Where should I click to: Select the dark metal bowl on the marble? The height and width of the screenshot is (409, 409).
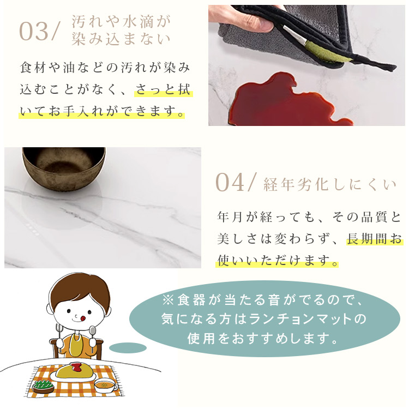[64, 166]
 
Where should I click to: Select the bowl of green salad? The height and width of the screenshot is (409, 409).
[43, 386]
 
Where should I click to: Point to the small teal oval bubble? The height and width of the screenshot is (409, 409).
[128, 347]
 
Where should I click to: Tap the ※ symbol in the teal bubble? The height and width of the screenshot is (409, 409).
[167, 300]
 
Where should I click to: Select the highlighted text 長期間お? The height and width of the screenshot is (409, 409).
[374, 239]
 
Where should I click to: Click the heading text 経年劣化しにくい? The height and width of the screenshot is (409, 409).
[330, 184]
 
